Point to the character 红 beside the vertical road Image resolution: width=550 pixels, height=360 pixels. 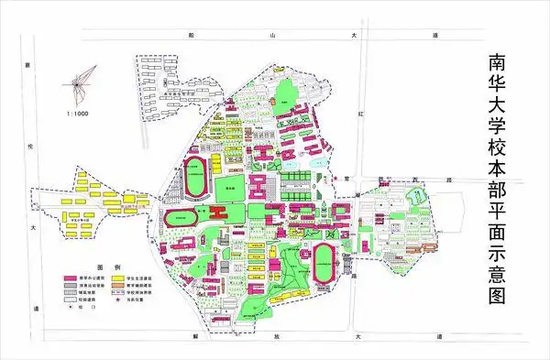363,115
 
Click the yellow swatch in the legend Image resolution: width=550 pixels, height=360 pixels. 118,277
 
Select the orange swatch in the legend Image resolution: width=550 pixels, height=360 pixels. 118,285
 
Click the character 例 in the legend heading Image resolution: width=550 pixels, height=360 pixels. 103,263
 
